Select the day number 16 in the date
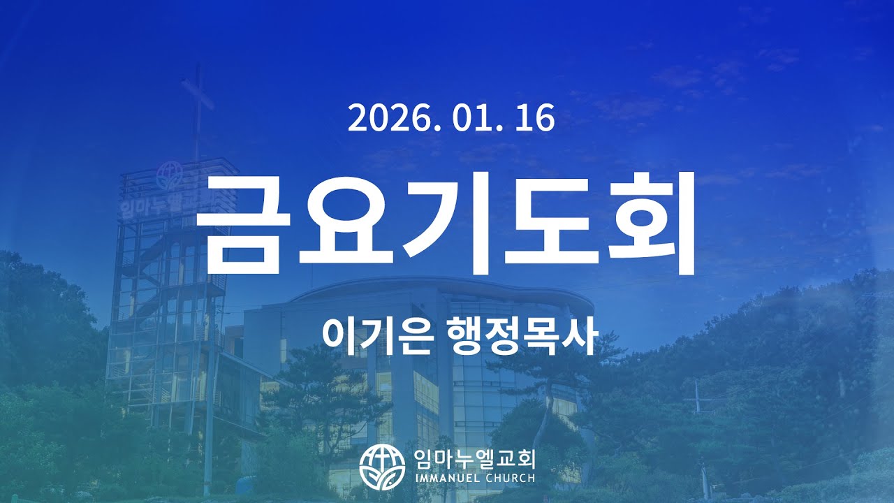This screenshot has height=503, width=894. tap(536, 118)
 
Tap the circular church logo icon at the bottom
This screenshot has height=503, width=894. tap(382, 466)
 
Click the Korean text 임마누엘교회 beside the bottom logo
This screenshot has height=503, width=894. tap(474, 458)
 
